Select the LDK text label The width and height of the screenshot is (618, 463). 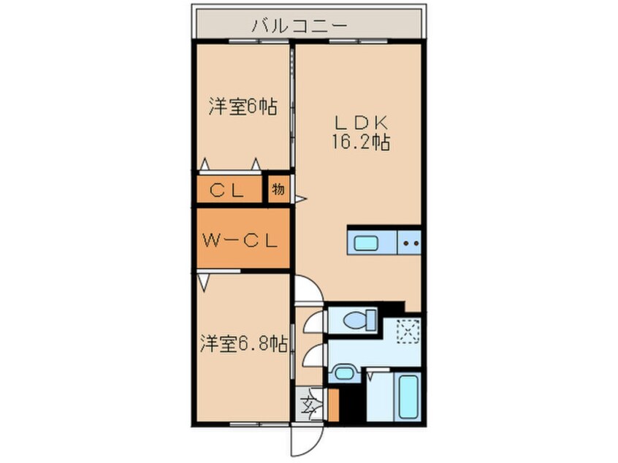coord(357,120)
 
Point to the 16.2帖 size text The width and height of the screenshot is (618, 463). coord(357,142)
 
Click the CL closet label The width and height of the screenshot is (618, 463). coord(228,190)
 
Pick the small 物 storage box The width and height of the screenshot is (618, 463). coord(278,189)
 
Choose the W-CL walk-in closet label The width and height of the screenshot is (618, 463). coord(240,240)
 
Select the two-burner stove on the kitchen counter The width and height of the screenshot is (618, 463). coord(410,242)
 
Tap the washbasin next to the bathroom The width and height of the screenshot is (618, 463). coord(341,374)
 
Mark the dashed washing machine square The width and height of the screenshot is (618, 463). coord(405,332)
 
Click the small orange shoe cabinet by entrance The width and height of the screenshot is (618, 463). coord(334,405)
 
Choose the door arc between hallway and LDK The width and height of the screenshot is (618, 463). coord(308,288)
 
